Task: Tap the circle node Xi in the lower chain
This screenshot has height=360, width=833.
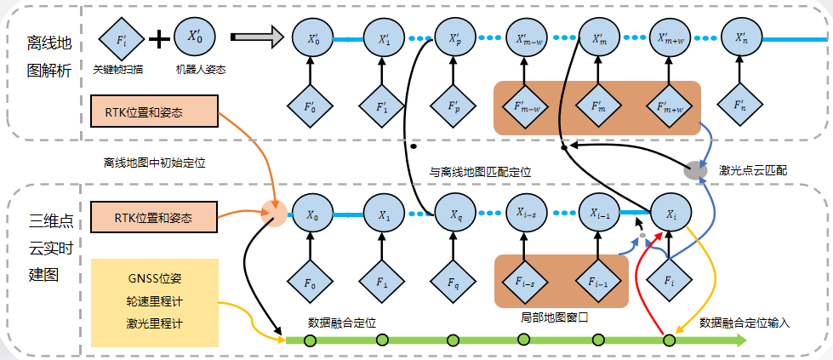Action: (669, 213)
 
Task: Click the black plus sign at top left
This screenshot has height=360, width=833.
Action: (157, 39)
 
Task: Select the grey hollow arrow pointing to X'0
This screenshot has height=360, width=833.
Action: (256, 38)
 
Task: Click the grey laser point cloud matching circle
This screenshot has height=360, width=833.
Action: (695, 169)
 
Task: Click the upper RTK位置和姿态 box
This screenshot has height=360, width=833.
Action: (155, 112)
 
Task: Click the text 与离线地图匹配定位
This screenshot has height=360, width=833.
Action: (480, 171)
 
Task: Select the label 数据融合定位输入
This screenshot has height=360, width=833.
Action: (745, 323)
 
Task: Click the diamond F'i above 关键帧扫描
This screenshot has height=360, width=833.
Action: (118, 39)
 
